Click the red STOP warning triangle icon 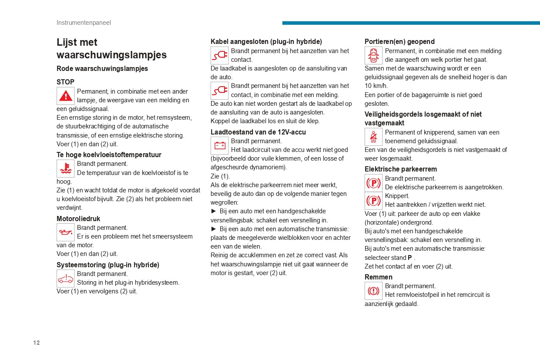pyautogui.click(x=66, y=96)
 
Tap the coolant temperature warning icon pyautogui.click(x=66, y=168)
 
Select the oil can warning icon pyautogui.click(x=66, y=232)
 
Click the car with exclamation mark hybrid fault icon pyautogui.click(x=66, y=278)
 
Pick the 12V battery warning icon pyautogui.click(x=220, y=145)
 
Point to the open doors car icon pyautogui.click(x=373, y=55)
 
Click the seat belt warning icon pyautogui.click(x=373, y=137)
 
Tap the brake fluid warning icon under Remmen pyautogui.click(x=373, y=290)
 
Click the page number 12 pyautogui.click(x=37, y=343)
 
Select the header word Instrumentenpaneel pyautogui.click(x=84, y=23)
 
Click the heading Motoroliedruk pyautogui.click(x=78, y=219)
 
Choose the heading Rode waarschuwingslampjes pyautogui.click(x=102, y=68)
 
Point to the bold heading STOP pyautogui.click(x=65, y=82)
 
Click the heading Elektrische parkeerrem pyautogui.click(x=401, y=169)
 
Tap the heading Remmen pyautogui.click(x=379, y=277)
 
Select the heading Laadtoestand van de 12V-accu pyautogui.click(x=258, y=132)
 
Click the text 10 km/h pyautogui.click(x=376, y=86)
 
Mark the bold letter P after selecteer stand pyautogui.click(x=410, y=258)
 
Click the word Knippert pyautogui.click(x=397, y=196)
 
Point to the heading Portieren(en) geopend pyautogui.click(x=399, y=41)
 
